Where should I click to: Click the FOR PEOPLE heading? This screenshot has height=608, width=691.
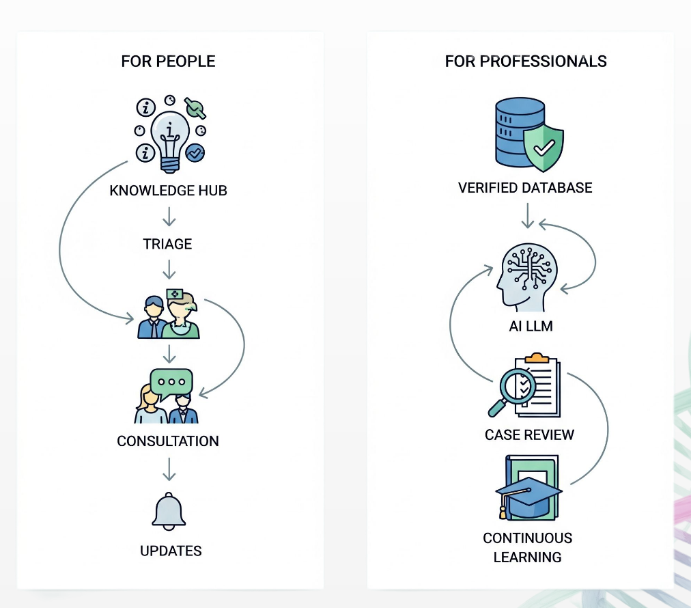168,61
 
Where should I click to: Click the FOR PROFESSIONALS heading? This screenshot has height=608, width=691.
526,61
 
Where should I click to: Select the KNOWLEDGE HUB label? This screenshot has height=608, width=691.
168,191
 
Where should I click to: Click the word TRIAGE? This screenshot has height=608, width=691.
167,244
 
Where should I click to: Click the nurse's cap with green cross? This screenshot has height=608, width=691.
175,295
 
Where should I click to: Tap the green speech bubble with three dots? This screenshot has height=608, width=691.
171,383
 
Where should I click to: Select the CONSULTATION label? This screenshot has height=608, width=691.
168,441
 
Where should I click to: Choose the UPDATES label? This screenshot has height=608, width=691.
171,551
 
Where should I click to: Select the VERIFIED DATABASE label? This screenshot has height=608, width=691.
525,188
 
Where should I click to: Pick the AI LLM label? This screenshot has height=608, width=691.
531,327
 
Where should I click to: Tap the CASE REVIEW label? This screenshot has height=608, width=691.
529,434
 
